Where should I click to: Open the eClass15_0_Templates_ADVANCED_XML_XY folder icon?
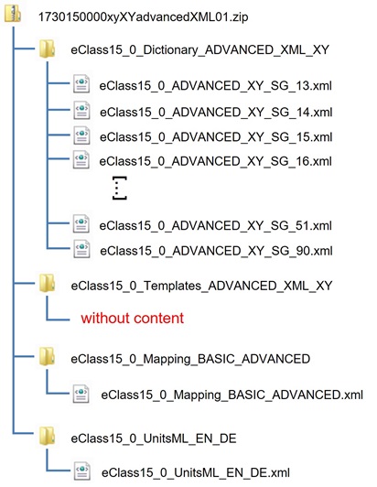click(x=48, y=284)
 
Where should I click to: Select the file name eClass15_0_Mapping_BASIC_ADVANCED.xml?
click(x=232, y=395)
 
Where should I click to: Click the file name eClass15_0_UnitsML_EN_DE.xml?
click(x=195, y=472)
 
